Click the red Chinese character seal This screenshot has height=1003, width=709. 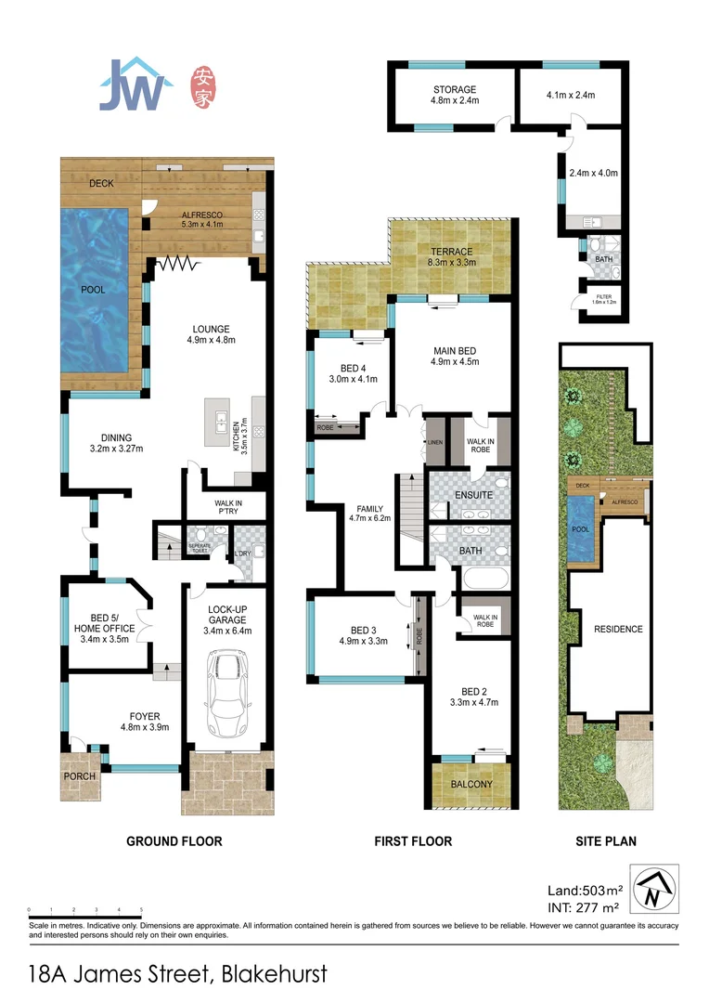[x=203, y=86]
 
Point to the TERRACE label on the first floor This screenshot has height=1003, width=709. [x=451, y=252]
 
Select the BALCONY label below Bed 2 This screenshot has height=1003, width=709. [x=471, y=785]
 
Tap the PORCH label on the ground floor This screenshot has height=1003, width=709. [x=79, y=776]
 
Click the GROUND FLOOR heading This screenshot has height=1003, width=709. [x=174, y=841]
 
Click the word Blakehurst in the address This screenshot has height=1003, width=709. [x=273, y=974]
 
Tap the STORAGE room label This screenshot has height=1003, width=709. [x=454, y=90]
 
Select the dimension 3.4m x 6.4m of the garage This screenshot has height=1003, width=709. [x=227, y=631]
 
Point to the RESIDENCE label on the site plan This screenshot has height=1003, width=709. [x=618, y=629]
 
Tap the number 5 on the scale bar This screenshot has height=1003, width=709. [x=141, y=910]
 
